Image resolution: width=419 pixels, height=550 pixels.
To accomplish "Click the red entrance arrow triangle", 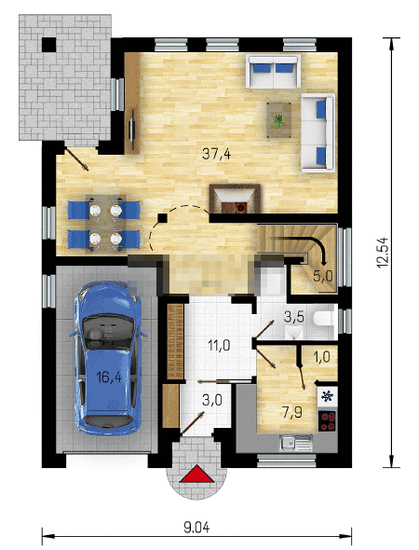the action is click(196, 474).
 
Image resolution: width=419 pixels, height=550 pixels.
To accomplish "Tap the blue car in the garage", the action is click(108, 358).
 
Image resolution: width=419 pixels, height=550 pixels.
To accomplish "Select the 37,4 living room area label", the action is click(217, 154).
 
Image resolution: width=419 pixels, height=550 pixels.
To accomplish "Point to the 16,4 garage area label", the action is click(109, 377).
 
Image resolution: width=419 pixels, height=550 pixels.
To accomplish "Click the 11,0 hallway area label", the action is click(219, 346).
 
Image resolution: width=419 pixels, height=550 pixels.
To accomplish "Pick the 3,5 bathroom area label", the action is click(293, 317).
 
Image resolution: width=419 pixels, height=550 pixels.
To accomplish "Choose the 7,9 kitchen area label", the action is click(292, 412).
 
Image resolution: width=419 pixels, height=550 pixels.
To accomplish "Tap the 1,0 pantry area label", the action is click(321, 357).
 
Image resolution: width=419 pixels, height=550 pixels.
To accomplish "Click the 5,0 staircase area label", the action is click(323, 276).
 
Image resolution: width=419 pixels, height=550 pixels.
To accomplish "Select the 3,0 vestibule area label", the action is click(212, 400).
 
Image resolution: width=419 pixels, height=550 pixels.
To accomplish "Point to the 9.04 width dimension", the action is click(196, 528).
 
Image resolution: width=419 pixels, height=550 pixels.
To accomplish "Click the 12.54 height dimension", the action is click(383, 253).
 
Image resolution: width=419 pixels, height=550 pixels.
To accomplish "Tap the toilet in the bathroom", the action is click(324, 318).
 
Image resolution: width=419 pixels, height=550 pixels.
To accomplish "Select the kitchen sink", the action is click(296, 443).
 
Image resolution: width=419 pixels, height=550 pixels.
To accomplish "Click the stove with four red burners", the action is click(327, 421).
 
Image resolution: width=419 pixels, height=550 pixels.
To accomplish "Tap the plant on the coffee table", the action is click(278, 120).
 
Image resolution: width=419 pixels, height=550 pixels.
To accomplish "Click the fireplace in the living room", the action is click(235, 199).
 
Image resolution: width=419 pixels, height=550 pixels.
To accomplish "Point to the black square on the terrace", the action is click(49, 44).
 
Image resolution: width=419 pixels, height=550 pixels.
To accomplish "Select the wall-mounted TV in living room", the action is click(133, 131).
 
